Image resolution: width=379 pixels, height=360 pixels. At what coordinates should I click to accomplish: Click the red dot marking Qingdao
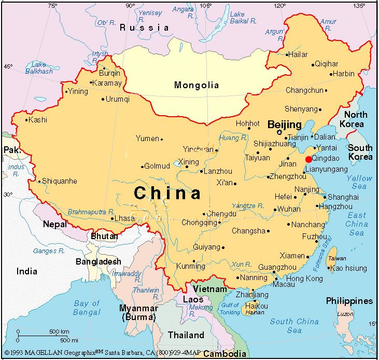(308, 159)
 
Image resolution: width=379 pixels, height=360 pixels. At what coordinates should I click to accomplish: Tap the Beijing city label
(284, 124)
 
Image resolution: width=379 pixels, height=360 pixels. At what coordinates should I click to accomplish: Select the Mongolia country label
(196, 85)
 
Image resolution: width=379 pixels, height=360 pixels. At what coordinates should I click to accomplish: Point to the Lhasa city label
(125, 218)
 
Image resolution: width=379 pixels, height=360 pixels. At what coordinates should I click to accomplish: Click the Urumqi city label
(117, 99)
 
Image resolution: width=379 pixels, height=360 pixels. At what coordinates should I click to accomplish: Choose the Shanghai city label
(343, 197)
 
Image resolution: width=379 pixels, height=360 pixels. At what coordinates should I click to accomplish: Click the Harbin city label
(343, 74)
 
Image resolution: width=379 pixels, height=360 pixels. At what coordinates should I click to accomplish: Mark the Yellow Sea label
(359, 182)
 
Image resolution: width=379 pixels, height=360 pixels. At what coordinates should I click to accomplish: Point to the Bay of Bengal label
(87, 308)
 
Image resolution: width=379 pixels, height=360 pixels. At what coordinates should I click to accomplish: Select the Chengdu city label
(221, 214)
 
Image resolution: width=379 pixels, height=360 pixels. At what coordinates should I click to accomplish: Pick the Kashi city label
(38, 120)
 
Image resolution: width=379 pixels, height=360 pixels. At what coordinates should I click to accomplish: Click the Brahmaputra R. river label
(91, 212)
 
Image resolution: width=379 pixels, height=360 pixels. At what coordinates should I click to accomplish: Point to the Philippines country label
(349, 301)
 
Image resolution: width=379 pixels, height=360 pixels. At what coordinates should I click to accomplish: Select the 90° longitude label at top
(130, 5)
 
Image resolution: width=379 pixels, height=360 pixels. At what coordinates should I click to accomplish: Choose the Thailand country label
(186, 335)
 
